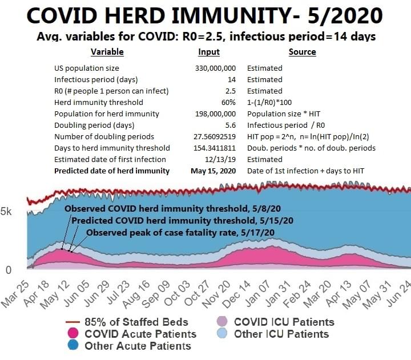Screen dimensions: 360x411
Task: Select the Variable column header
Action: tap(107, 52)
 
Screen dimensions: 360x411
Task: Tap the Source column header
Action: tap(302, 52)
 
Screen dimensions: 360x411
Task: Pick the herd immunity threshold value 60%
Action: tap(229, 103)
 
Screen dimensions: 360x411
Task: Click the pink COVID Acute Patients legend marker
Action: tap(73, 334)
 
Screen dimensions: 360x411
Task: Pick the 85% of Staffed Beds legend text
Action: tap(131, 322)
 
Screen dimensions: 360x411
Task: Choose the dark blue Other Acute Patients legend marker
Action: tap(73, 346)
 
